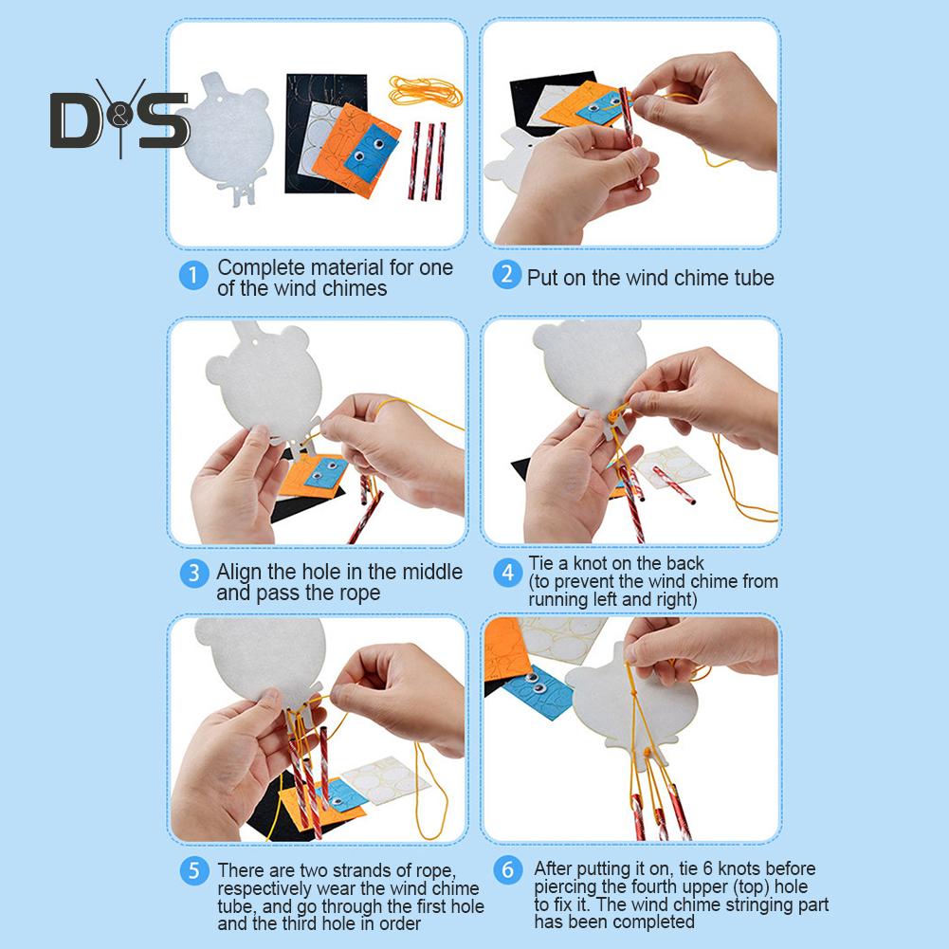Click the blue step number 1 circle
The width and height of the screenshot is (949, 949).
(193, 275)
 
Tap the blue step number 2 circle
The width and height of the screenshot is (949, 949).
(506, 274)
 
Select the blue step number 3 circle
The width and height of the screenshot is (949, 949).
(194, 573)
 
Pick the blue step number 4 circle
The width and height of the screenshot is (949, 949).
(508, 572)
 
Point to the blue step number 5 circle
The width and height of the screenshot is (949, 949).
(194, 870)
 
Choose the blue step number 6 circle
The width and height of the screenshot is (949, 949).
(508, 869)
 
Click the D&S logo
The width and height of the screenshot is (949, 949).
(119, 118)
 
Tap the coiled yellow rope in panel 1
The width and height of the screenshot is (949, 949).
(426, 91)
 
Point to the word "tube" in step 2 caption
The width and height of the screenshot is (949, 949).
(754, 278)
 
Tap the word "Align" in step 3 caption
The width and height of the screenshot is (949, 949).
(239, 573)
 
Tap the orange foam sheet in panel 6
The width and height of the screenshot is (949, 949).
(506, 650)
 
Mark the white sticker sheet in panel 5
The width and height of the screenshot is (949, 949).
(385, 780)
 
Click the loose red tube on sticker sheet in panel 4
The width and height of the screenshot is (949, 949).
(673, 484)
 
